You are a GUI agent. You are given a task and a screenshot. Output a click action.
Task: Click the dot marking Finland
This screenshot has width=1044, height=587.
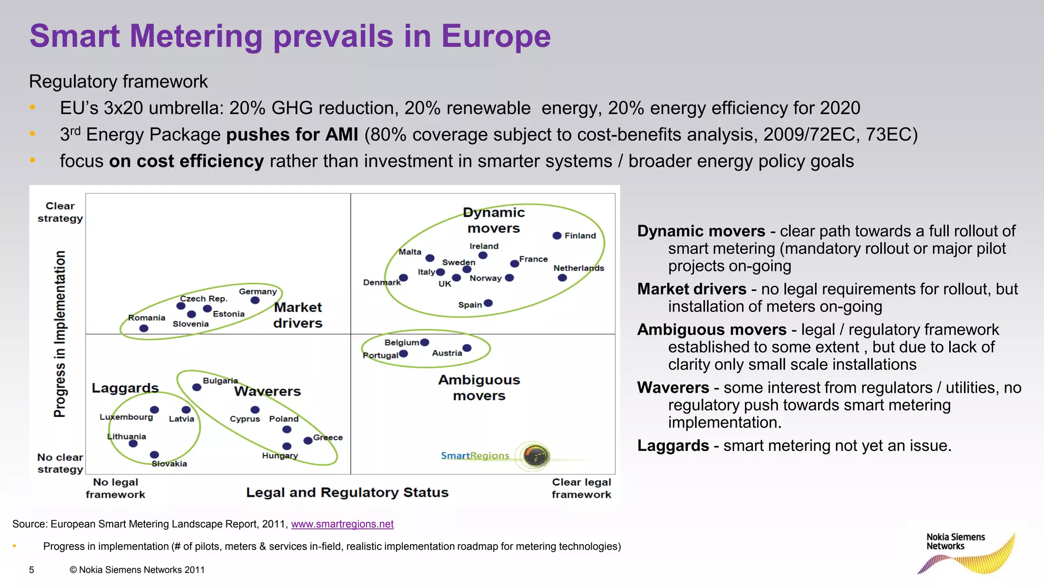(x=557, y=235)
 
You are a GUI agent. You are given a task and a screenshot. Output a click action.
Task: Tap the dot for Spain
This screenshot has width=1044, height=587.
(x=488, y=303)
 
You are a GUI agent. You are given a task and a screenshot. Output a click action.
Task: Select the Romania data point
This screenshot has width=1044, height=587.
(x=144, y=328)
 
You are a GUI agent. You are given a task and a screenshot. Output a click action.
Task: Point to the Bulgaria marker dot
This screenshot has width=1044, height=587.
(x=197, y=387)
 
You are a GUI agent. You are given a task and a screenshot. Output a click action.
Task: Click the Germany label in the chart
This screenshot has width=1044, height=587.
(x=257, y=291)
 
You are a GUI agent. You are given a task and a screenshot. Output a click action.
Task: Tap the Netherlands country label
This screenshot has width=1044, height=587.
(x=579, y=268)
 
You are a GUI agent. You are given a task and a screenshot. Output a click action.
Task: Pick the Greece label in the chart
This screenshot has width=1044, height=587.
(x=328, y=437)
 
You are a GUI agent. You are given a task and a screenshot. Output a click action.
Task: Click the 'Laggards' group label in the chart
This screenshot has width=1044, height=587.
(x=125, y=388)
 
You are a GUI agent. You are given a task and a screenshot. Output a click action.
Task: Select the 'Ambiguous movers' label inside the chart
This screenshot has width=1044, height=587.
(x=479, y=387)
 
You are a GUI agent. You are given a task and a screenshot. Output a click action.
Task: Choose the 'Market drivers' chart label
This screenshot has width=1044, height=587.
(x=298, y=315)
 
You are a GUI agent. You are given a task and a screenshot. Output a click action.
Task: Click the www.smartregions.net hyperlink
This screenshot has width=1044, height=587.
(x=342, y=524)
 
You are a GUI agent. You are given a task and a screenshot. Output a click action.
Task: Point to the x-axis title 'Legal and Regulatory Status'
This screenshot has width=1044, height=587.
(x=347, y=492)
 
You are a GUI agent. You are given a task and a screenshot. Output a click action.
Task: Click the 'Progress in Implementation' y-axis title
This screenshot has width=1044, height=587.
(x=60, y=334)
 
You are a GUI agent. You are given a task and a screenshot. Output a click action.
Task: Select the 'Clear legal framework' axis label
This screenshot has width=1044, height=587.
(x=581, y=488)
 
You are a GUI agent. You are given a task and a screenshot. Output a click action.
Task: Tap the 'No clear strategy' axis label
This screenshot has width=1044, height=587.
(x=60, y=463)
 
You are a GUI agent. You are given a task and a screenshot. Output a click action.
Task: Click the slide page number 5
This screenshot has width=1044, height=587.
(x=32, y=570)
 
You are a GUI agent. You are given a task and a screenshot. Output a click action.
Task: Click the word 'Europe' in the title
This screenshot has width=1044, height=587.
(x=495, y=36)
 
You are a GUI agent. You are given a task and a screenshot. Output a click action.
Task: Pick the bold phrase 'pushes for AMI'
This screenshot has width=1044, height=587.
(x=292, y=135)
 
